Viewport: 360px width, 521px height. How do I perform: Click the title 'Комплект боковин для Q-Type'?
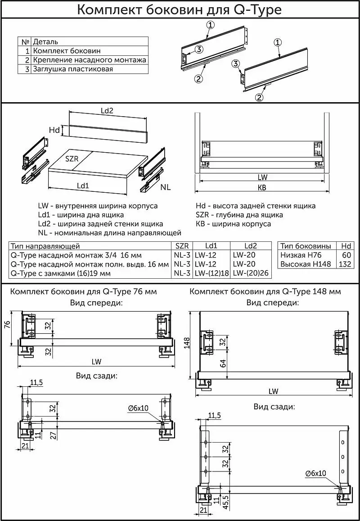point(180,9)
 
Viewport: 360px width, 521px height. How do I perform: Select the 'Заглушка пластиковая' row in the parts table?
point(72,69)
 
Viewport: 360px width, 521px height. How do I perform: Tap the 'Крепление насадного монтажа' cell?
point(89,60)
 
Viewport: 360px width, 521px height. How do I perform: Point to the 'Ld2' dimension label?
point(106,111)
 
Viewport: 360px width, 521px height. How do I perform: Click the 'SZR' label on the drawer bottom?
point(72,159)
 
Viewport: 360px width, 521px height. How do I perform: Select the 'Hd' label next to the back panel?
point(54,130)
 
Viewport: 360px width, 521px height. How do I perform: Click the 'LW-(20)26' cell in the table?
point(251,273)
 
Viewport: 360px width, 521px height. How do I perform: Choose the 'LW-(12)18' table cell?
point(212,273)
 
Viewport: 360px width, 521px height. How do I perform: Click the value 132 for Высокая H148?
point(345,264)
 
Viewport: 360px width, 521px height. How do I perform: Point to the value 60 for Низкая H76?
point(346,255)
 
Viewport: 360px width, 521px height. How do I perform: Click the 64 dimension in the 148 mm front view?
point(223,363)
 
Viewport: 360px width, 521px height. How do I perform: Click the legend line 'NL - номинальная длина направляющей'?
point(110,233)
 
